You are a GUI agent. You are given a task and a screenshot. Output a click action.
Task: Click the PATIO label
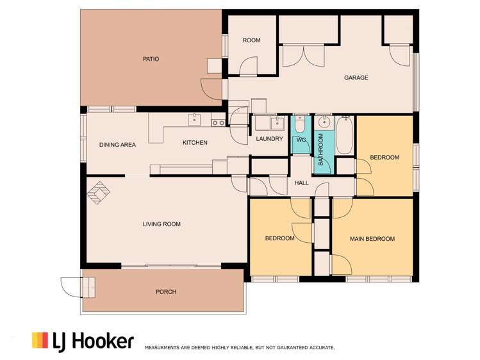151,59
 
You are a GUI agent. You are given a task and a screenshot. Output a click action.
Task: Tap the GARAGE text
356,78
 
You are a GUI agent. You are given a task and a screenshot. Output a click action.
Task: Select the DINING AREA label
117,145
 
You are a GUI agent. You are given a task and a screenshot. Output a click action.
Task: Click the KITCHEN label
195,142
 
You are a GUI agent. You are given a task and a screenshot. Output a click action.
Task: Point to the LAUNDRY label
269,138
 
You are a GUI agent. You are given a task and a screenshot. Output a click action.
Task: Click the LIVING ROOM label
161,224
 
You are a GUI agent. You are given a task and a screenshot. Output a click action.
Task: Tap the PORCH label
166,292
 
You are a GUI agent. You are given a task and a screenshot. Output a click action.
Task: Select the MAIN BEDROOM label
372,239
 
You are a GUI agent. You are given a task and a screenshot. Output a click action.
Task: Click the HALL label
301,183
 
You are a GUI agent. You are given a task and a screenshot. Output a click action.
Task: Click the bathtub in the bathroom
344,135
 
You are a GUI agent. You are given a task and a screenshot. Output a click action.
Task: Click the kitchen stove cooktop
218,122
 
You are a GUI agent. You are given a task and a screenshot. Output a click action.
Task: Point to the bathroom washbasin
324,122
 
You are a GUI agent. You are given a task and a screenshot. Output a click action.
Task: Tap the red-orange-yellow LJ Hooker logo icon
40,340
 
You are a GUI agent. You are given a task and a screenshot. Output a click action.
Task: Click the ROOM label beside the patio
251,40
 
